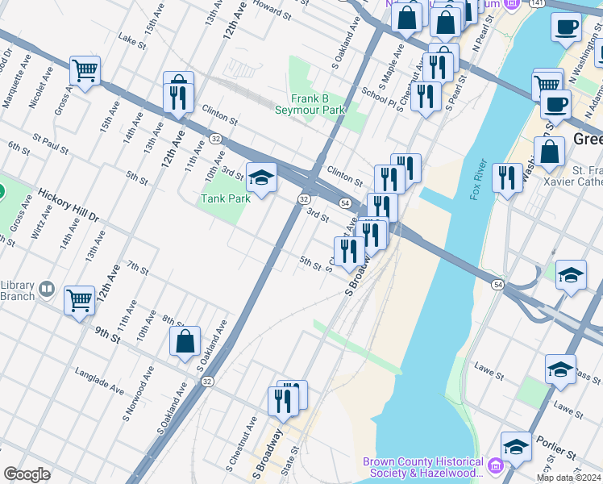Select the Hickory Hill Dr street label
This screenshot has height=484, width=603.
(x=68, y=205)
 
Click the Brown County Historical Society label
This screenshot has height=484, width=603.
(x=423, y=467)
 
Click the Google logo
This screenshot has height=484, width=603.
(x=26, y=474)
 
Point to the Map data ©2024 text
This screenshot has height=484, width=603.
(x=569, y=478)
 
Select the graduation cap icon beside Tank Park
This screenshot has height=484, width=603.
(x=261, y=177)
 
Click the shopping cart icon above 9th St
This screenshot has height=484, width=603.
(x=79, y=300)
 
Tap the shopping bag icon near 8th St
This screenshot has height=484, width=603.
(x=185, y=340)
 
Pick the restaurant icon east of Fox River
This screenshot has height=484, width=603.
(x=507, y=177)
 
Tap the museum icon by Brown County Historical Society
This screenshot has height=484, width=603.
(x=494, y=466)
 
